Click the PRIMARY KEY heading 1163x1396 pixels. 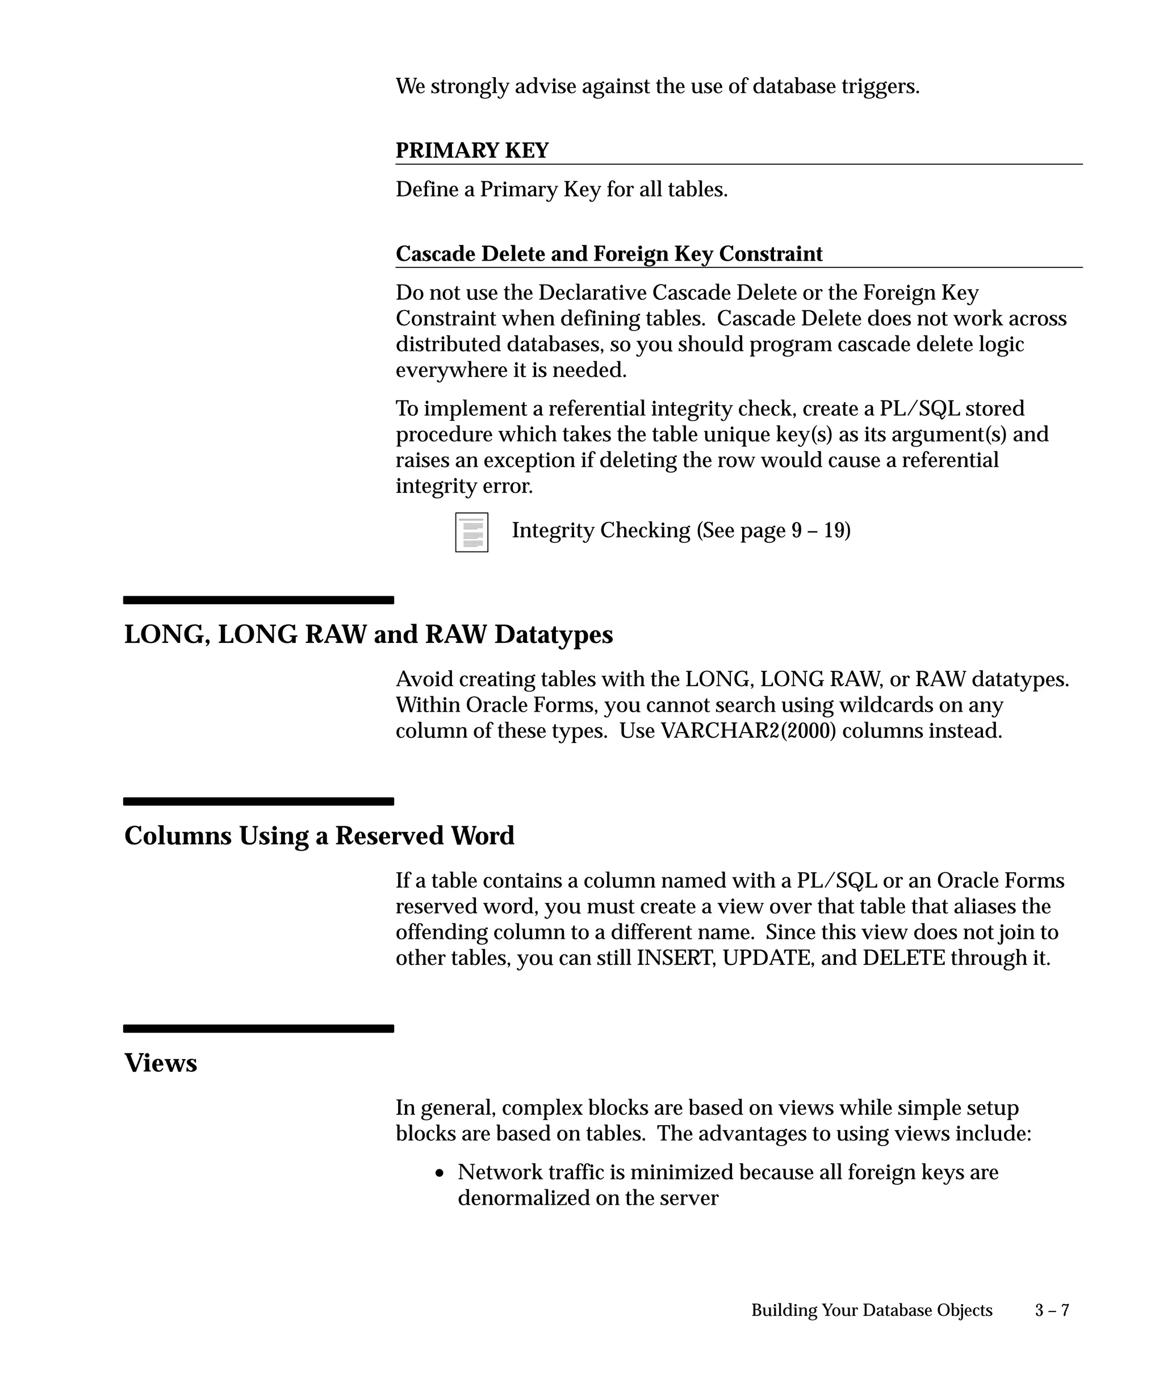pos(472,151)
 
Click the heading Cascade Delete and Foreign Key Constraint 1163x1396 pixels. pos(609,254)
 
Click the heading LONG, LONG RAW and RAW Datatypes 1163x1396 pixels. pos(368,634)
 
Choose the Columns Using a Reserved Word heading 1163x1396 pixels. pos(319,835)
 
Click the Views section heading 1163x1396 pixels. pos(161,1063)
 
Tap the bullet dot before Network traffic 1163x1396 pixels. pos(440,1173)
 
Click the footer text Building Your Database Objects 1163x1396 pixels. pos(871,1310)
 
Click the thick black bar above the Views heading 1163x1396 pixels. pos(258,1029)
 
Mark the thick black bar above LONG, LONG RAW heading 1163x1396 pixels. pos(258,600)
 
